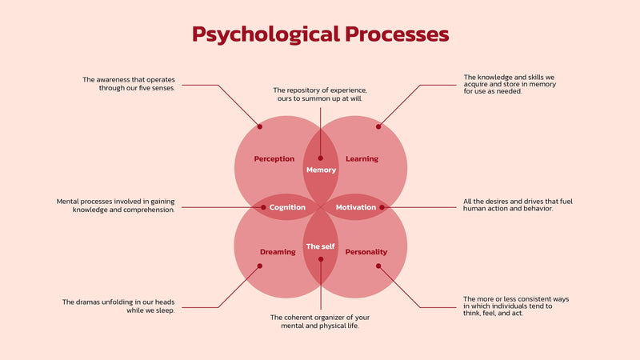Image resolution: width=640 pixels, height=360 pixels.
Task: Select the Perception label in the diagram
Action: click(274, 159)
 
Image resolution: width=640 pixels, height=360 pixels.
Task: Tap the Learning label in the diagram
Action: click(362, 159)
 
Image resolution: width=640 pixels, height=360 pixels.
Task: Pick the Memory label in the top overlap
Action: click(321, 170)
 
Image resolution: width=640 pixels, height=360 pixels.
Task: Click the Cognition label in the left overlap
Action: click(287, 207)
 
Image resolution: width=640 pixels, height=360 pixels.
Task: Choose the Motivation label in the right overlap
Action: click(355, 207)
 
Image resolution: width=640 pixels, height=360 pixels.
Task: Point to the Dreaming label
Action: click(278, 252)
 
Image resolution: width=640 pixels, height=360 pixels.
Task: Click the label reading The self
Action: click(321, 246)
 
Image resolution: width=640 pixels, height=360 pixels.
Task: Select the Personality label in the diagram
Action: click(366, 252)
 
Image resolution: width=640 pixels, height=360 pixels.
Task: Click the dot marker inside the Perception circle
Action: click(259, 126)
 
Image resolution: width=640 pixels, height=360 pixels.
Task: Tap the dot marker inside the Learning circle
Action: click(379, 126)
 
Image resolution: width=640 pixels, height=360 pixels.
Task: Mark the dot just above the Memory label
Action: click(321, 158)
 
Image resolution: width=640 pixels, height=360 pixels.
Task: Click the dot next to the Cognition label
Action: click(263, 207)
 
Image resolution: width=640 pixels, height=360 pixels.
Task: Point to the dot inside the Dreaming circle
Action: click(260, 267)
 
